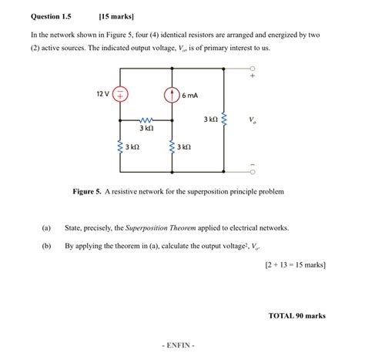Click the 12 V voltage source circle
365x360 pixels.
coord(121,95)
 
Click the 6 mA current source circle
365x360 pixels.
coord(172,95)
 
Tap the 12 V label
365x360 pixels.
coord(102,93)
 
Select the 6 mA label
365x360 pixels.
coord(190,96)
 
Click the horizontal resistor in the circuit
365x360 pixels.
coord(146,121)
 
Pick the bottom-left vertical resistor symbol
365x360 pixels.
coord(121,146)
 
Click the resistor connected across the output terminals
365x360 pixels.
coord(224,120)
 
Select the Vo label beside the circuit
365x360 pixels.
coord(253,120)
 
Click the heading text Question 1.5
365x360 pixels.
coord(51,15)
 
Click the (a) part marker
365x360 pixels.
coord(46,228)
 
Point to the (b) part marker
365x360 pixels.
coord(46,246)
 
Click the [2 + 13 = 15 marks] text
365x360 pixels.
coord(293,265)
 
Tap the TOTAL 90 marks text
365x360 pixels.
coord(297,315)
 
